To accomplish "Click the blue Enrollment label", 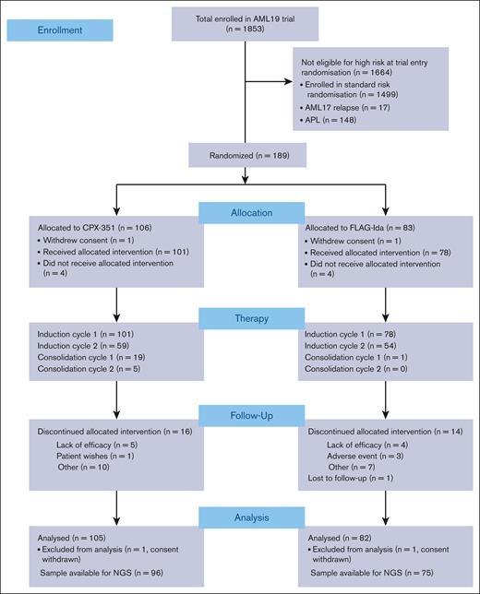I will [x=59, y=30].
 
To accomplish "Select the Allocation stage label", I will [x=246, y=214].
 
